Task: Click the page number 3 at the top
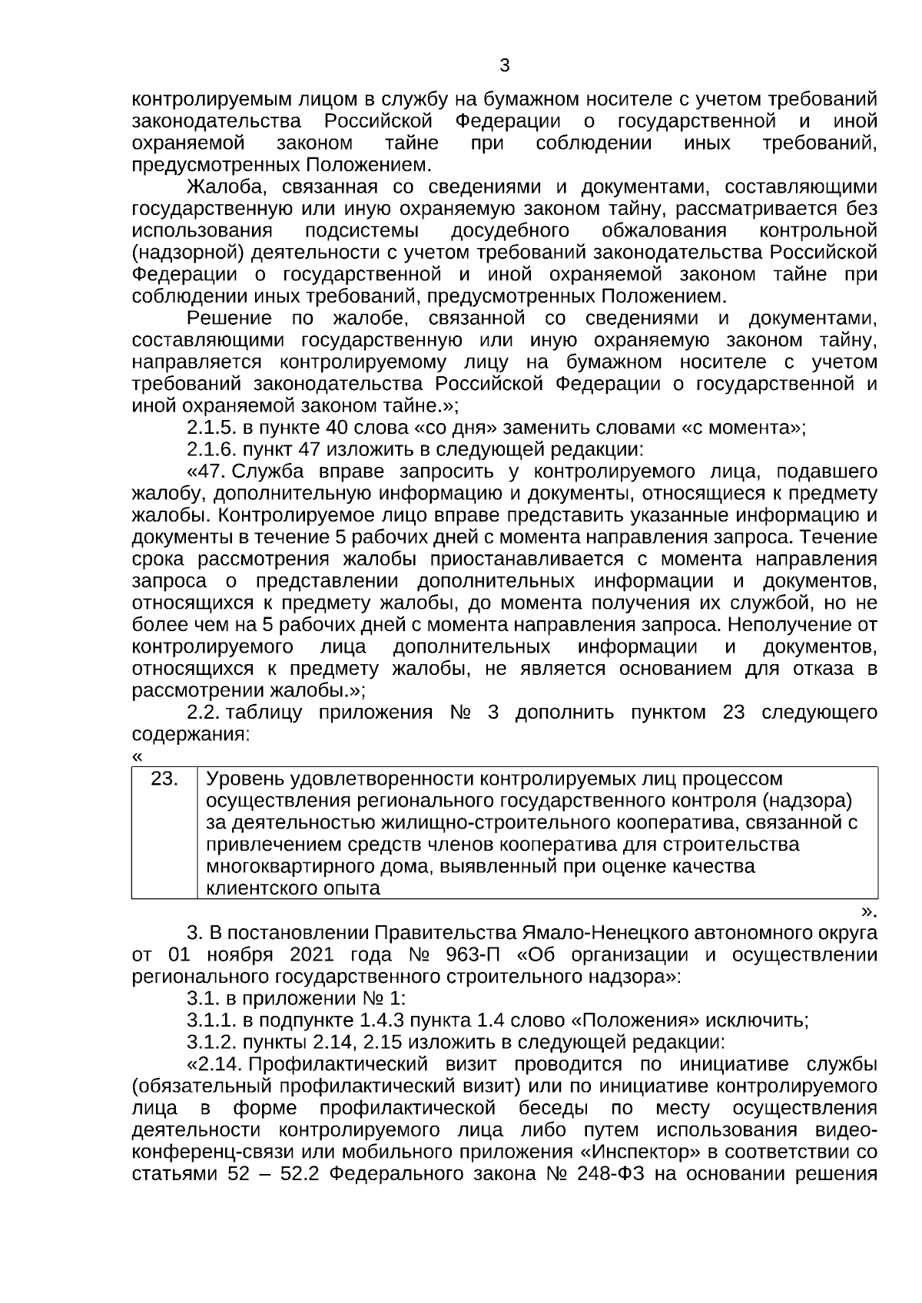tap(504, 65)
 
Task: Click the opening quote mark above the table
tap(137, 756)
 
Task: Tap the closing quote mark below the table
tap(868, 911)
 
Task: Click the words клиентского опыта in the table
tap(294, 888)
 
